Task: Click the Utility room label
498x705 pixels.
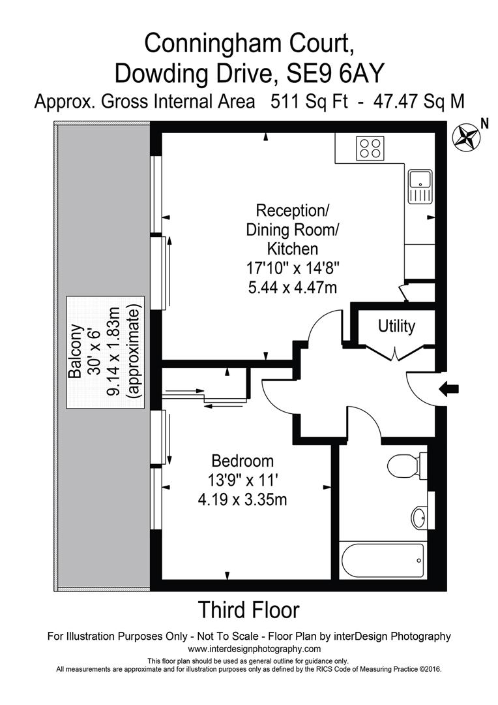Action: click(x=396, y=326)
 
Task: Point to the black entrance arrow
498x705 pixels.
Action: click(x=450, y=389)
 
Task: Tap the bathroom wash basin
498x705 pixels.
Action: click(x=420, y=517)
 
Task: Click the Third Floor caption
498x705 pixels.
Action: click(x=248, y=610)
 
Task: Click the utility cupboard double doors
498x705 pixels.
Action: click(x=396, y=354)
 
